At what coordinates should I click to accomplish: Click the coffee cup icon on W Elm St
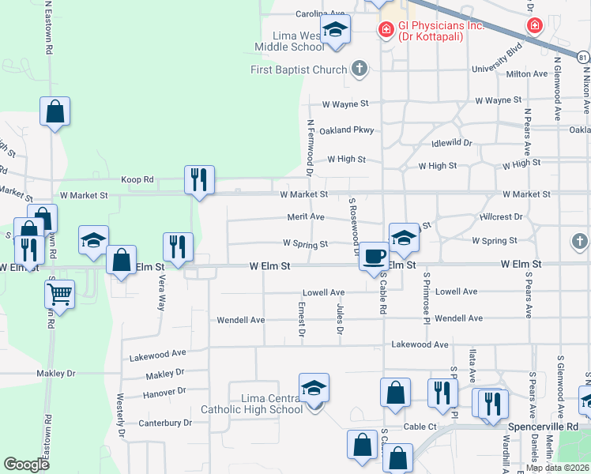374,257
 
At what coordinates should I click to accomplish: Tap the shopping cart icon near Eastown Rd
59,295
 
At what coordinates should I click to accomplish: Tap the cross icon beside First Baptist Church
359,69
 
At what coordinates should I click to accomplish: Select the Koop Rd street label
137,179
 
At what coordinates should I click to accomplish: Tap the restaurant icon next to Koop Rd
199,179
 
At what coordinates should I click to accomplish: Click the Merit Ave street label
306,216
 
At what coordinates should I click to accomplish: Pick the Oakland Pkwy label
346,130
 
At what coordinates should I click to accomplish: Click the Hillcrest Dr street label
501,216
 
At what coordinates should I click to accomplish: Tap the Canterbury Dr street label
164,423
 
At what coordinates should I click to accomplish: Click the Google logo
27,465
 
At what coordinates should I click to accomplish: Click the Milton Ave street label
527,73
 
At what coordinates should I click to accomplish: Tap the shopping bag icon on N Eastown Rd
55,112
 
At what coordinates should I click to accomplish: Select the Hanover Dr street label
165,391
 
